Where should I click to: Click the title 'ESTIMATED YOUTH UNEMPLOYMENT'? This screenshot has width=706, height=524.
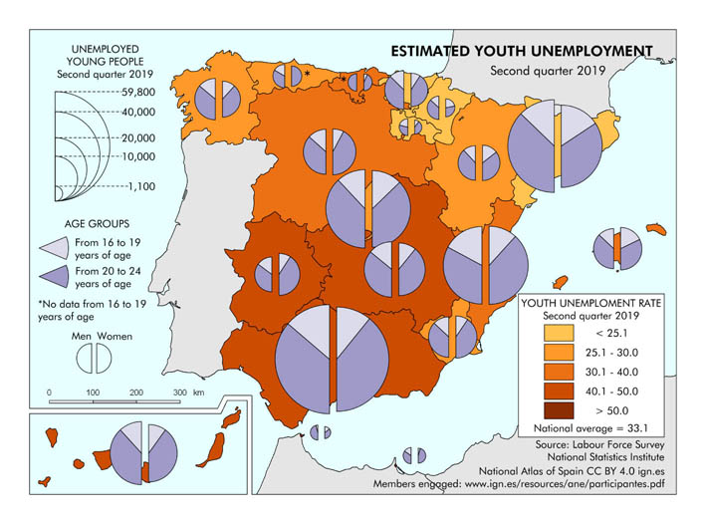pos(521,51)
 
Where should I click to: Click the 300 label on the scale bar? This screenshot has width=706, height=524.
pos(180,393)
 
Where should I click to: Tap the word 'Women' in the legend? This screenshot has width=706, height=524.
pos(116,336)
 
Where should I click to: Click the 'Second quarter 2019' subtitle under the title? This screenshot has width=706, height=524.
pos(548,71)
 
